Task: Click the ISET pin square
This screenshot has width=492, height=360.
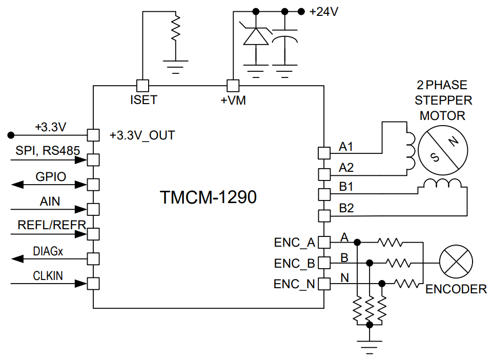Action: click(142, 85)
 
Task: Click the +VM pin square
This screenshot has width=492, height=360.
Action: click(233, 85)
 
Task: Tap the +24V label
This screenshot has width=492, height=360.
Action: click(323, 11)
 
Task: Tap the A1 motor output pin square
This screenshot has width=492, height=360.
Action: click(324, 153)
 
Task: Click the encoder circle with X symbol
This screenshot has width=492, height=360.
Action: click(456, 263)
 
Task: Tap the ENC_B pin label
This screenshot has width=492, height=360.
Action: click(294, 264)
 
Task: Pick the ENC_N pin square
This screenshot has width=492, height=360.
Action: click(324, 283)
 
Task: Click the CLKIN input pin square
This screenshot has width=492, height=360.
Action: click(93, 283)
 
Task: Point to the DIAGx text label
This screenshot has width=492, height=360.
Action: click(49, 251)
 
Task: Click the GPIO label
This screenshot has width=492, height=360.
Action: click(51, 177)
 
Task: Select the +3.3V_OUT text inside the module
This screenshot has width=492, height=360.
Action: click(142, 135)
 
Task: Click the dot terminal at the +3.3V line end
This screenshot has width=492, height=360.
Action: click(10, 135)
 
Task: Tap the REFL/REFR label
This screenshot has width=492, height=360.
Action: click(51, 225)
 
